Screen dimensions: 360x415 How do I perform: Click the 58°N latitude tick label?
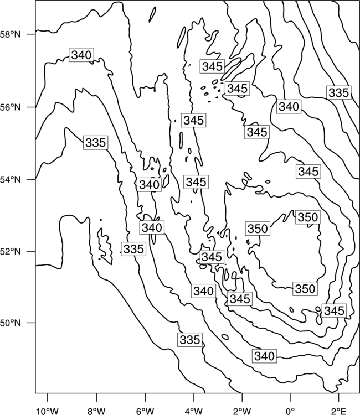10,34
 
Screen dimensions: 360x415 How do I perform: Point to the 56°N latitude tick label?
10,107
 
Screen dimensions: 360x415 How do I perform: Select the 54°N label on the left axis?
10,180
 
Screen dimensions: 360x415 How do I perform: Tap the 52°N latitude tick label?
10,251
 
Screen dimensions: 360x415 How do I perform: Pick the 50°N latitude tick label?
10,323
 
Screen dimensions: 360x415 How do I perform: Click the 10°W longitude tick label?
48,411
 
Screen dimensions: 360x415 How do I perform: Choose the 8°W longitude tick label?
96,411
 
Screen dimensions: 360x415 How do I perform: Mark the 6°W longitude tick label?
145,411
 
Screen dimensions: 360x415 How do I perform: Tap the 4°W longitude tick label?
194,411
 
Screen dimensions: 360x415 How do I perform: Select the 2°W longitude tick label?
242,411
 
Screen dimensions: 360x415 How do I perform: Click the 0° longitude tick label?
290,411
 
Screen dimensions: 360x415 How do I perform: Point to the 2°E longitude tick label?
339,411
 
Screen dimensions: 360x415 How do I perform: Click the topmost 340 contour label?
81,55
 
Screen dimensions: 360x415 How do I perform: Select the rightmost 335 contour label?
339,92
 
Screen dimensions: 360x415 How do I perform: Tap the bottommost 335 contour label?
190,340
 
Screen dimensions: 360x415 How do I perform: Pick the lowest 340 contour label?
264,356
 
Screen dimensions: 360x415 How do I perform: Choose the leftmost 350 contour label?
258,229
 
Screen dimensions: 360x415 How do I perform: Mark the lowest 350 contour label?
305,289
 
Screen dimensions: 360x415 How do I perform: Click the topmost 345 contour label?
213,66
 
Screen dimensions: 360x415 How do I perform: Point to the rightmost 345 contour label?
335,311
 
